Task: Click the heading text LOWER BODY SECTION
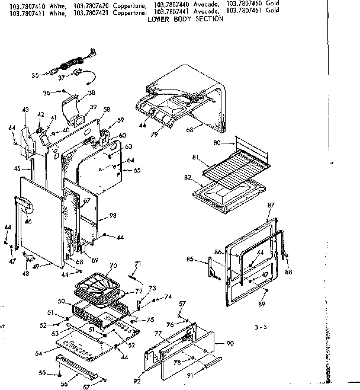194,19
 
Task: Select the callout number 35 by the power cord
34,75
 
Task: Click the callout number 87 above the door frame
271,205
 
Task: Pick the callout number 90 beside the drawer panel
230,344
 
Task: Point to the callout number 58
107,110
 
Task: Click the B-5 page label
256,327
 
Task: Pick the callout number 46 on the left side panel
28,221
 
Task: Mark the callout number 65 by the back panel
137,170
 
